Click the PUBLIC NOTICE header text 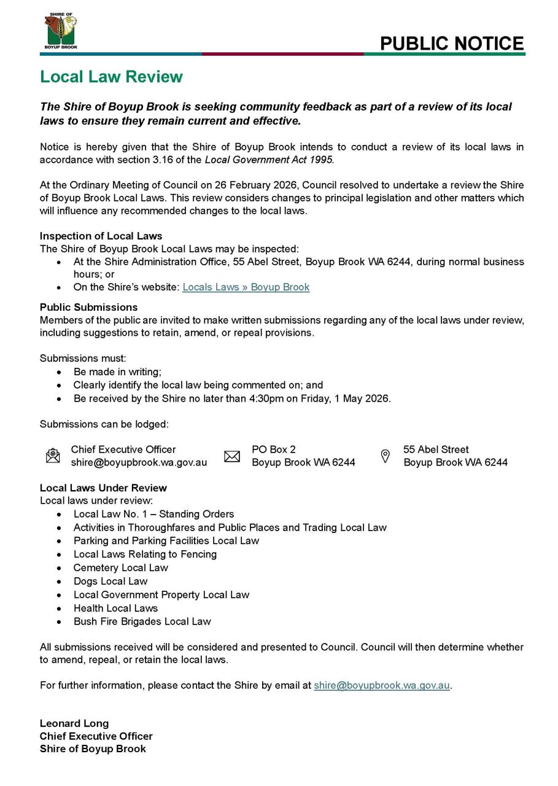(452, 43)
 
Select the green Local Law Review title (111, 77)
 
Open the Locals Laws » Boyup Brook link (246, 287)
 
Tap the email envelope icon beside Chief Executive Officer (53, 456)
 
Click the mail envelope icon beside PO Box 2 (232, 456)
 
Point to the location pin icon (386, 456)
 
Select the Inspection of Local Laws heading (101, 236)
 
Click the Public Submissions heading (88, 306)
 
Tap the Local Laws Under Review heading (103, 488)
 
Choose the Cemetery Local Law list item (120, 567)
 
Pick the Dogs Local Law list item (110, 581)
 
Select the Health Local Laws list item (115, 608)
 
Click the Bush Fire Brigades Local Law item (142, 621)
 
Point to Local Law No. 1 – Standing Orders (153, 514)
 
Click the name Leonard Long (74, 723)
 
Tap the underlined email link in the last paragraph (382, 685)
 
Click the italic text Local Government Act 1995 (269, 160)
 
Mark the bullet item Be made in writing (117, 372)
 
